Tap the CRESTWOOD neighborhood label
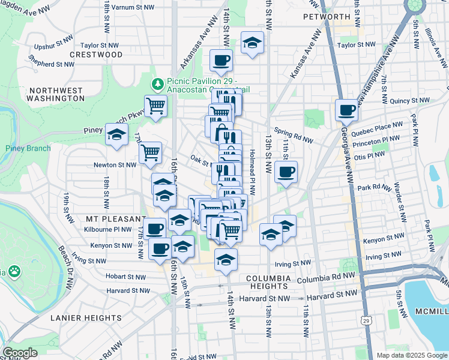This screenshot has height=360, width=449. [96, 55]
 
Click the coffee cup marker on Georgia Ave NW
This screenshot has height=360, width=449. [347, 110]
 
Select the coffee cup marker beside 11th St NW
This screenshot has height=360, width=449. [286, 172]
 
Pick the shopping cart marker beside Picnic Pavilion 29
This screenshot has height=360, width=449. [155, 106]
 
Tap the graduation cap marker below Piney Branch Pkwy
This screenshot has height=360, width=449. [117, 135]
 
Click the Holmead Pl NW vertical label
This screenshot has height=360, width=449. [252, 172]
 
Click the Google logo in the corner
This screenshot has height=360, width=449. [20, 352]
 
